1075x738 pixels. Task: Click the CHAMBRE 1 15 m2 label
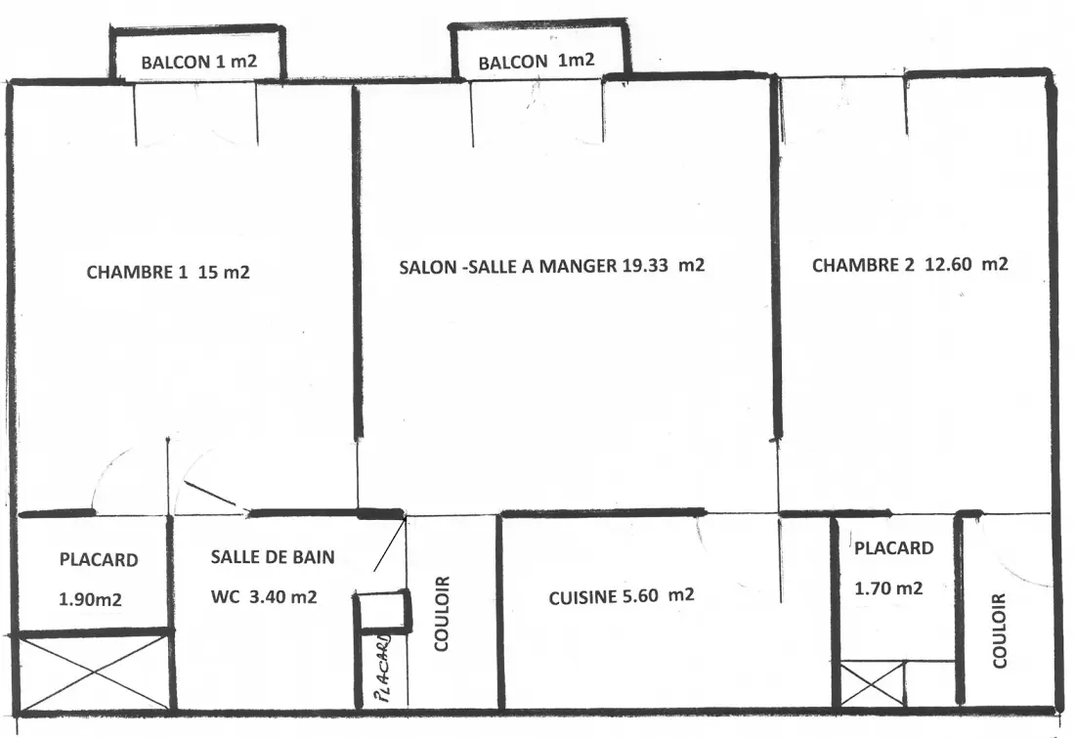[168, 273]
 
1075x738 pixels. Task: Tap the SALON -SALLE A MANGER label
[508, 266]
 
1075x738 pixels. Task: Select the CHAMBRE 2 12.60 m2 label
[910, 265]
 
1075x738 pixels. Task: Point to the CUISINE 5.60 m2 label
[622, 596]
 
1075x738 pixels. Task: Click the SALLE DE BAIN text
[273, 556]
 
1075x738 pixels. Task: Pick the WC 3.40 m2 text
[264, 596]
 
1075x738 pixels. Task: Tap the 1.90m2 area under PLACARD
[90, 599]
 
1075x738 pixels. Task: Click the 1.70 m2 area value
[888, 587]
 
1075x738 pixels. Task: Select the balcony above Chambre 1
[197, 55]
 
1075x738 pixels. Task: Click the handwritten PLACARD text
[383, 668]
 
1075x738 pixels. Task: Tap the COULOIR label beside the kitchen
[442, 613]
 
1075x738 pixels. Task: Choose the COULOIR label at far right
[1000, 630]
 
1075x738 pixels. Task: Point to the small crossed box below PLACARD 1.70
[872, 683]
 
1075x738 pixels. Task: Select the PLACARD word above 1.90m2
[99, 560]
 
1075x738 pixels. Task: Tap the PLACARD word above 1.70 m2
[893, 548]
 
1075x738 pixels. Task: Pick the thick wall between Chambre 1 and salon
[357, 262]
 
